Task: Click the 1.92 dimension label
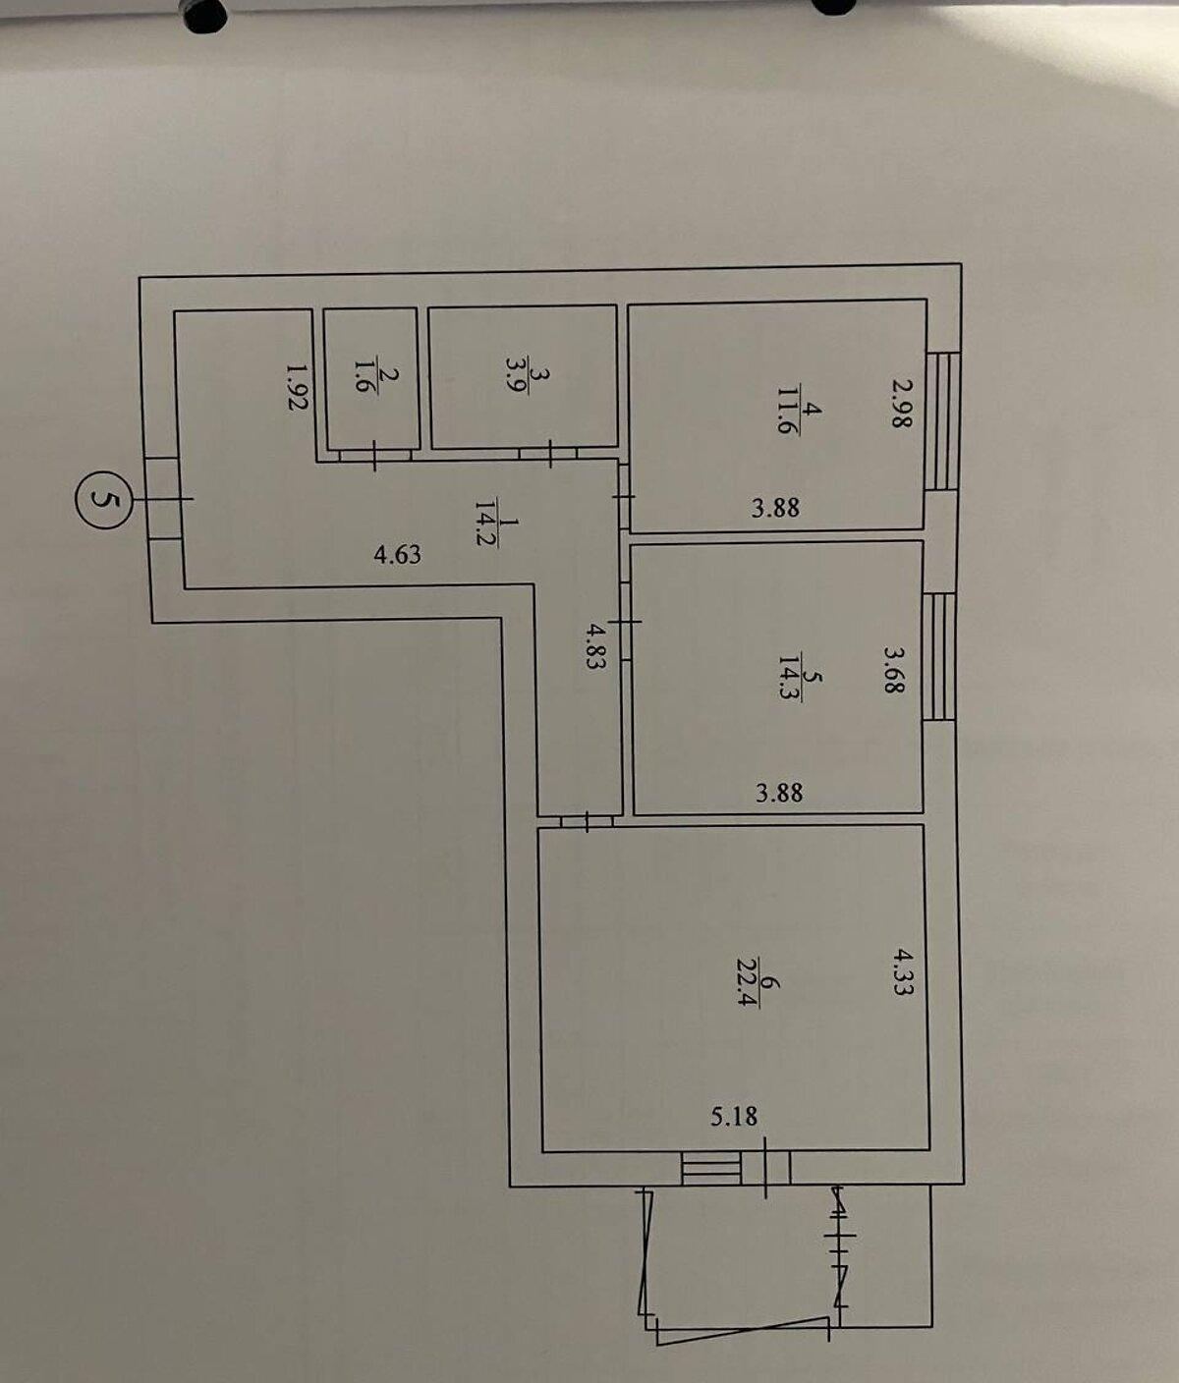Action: pyautogui.click(x=297, y=387)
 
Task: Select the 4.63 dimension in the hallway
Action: pyautogui.click(x=398, y=555)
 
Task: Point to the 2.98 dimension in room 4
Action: pyautogui.click(x=901, y=403)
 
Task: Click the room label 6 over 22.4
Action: pyautogui.click(x=758, y=983)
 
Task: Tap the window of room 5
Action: pyautogui.click(x=939, y=656)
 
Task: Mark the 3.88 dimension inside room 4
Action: pyautogui.click(x=775, y=508)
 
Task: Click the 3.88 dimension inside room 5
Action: pyautogui.click(x=779, y=793)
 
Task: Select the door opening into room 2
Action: pyautogui.click(x=374, y=456)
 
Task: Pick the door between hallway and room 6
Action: pyautogui.click(x=587, y=821)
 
